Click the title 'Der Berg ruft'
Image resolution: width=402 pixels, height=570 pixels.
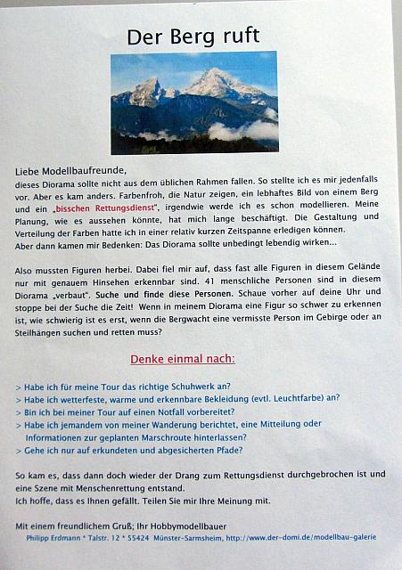[x=193, y=36]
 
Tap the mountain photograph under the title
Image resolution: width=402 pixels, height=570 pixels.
[x=193, y=103]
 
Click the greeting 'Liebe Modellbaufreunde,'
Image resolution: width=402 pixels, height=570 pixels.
[x=71, y=170]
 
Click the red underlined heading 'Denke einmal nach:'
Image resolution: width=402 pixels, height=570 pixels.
[x=183, y=359]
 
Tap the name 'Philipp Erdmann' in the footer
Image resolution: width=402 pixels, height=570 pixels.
[x=46, y=537]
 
